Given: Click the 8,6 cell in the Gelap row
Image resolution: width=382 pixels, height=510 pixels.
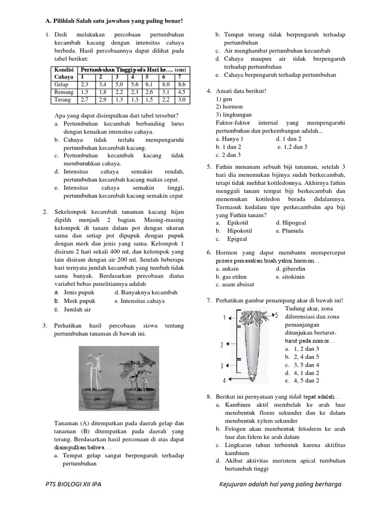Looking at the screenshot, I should (182, 85).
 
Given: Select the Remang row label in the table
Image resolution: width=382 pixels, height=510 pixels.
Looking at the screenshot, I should (64, 92).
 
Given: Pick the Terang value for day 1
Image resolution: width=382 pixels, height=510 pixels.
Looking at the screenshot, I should (86, 100).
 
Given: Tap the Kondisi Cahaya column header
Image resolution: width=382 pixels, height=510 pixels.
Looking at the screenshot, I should (65, 73).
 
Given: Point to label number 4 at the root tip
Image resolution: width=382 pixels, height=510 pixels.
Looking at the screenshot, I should (224, 381).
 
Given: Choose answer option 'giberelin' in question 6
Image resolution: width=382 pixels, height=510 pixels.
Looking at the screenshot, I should (293, 268).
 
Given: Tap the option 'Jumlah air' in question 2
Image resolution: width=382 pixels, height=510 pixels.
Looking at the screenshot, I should (77, 309).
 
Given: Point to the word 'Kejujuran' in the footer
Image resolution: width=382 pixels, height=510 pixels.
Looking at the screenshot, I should (235, 484).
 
